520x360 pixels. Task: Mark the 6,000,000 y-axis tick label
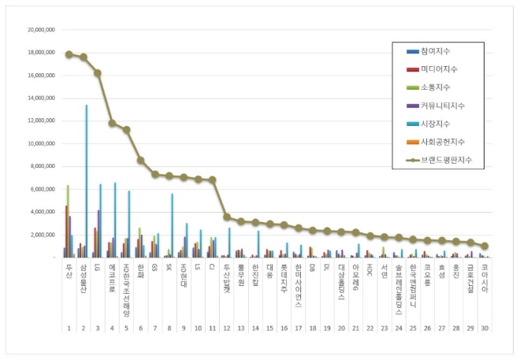pyautogui.click(x=43, y=190)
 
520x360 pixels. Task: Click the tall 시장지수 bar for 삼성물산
pyautogui.click(x=87, y=181)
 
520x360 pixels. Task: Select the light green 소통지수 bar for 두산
pyautogui.click(x=69, y=221)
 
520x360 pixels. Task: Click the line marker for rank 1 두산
pyautogui.click(x=69, y=54)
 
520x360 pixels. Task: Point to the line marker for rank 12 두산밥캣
pyautogui.click(x=227, y=217)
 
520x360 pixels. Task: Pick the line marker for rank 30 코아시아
pyautogui.click(x=485, y=246)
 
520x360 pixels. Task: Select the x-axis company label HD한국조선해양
pyautogui.click(x=126, y=284)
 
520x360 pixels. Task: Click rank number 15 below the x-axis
pyautogui.click(x=269, y=327)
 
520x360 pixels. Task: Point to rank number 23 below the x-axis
pyautogui.click(x=384, y=327)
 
